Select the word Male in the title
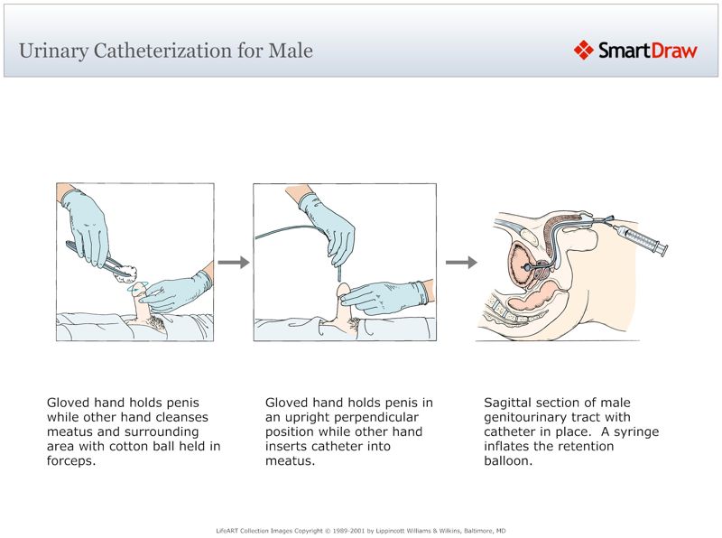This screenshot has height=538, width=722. [x=291, y=51]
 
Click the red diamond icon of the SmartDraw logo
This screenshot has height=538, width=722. [x=583, y=50]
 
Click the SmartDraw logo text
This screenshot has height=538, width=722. [x=647, y=51]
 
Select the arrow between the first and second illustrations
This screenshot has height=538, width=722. [x=233, y=263]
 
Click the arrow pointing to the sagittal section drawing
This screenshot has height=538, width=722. [x=461, y=263]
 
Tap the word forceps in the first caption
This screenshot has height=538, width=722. [x=70, y=460]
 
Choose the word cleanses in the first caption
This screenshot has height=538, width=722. [x=180, y=417]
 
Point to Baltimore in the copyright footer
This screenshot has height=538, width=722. [x=476, y=531]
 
